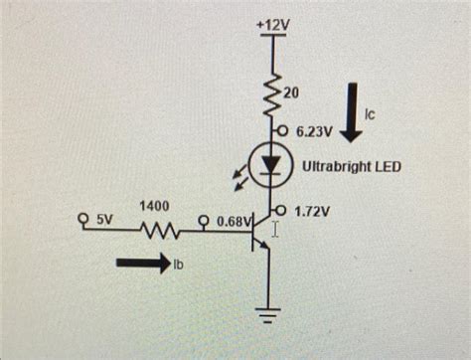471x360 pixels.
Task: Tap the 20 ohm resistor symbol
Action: point(271,95)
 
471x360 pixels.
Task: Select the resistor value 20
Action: point(292,92)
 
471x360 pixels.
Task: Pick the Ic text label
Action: point(371,115)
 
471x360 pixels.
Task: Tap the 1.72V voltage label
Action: point(313,212)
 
